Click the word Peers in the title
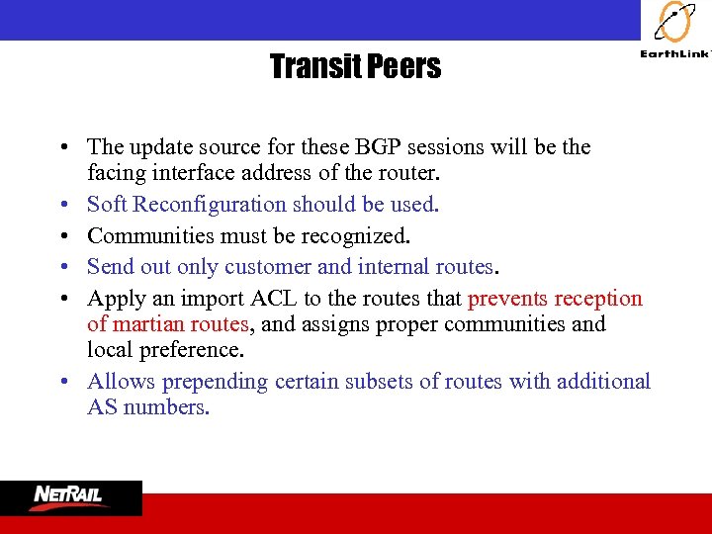click(404, 67)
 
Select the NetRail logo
click(70, 497)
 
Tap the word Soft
click(107, 205)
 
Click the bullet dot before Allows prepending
click(62, 382)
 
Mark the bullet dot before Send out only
click(62, 267)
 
